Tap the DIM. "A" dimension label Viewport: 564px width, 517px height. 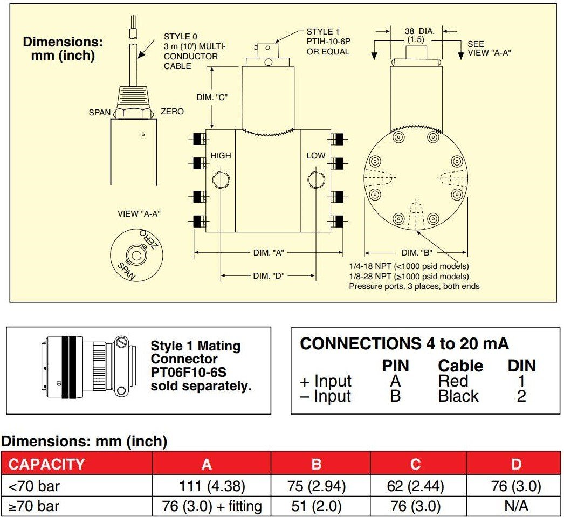pyautogui.click(x=269, y=252)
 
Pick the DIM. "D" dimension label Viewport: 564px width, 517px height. pyautogui.click(x=269, y=275)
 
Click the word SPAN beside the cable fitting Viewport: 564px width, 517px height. pyautogui.click(x=100, y=113)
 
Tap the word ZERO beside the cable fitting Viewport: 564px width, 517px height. pyautogui.click(x=172, y=112)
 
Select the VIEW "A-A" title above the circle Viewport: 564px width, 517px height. pyautogui.click(x=139, y=214)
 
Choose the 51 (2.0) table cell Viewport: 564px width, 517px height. pyautogui.click(x=317, y=506)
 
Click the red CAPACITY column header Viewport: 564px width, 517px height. pyautogui.click(x=47, y=464)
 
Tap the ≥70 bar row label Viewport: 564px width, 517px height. pyautogui.click(x=34, y=506)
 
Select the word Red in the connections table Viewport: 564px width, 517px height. pyautogui.click(x=450, y=381)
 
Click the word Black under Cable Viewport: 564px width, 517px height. pyautogui.click(x=458, y=396)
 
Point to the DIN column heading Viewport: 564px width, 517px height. pyautogui.click(x=521, y=366)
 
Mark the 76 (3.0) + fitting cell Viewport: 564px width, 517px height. pyautogui.click(x=211, y=506)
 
